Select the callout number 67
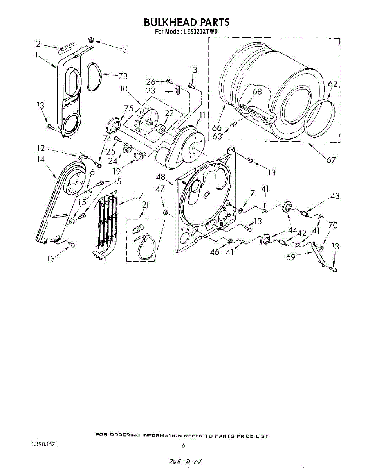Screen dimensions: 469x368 (x=331, y=159)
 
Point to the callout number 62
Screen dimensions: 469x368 (x=332, y=84)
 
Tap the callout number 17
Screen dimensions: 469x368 (x=139, y=196)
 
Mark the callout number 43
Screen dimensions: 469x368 (x=335, y=196)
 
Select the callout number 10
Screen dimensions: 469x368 (x=124, y=89)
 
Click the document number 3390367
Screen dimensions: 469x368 (x=43, y=445)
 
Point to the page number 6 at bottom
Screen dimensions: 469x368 (x=183, y=445)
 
